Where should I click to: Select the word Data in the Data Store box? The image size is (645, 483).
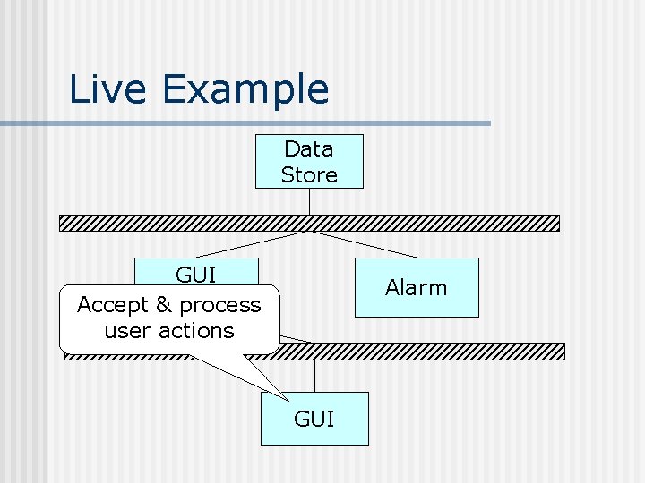point(309,148)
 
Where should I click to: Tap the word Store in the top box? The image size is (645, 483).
point(309,174)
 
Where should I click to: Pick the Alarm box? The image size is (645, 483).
point(417,287)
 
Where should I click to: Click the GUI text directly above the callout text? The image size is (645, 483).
point(197,274)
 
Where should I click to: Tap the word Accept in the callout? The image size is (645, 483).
point(113,305)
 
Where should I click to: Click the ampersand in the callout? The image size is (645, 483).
point(163,305)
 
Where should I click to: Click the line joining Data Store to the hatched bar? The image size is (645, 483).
point(309,201)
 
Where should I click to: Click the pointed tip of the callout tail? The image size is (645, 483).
point(288,400)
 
